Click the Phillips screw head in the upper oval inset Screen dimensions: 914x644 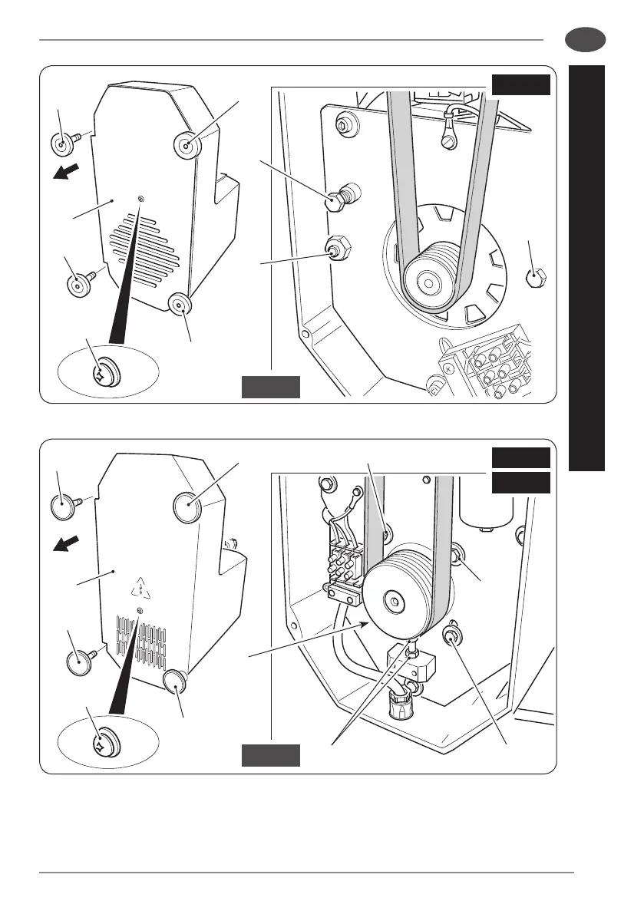[101, 375]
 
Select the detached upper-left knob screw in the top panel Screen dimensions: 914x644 [61, 144]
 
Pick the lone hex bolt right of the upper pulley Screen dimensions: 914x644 [535, 278]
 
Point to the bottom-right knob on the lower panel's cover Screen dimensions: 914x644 [177, 681]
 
